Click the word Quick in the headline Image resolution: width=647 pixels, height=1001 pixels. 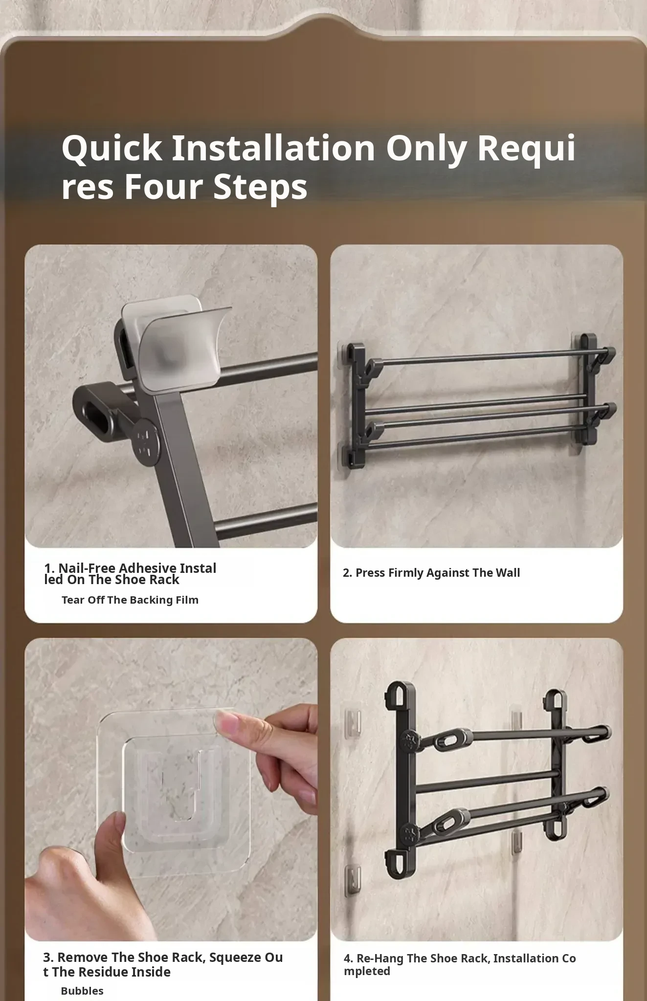[112, 148]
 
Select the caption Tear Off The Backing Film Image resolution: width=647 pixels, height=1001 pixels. [130, 600]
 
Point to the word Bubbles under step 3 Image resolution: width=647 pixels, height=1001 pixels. [82, 991]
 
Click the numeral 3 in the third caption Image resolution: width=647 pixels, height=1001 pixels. [47, 957]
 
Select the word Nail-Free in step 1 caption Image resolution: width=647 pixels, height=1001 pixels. [88, 568]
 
